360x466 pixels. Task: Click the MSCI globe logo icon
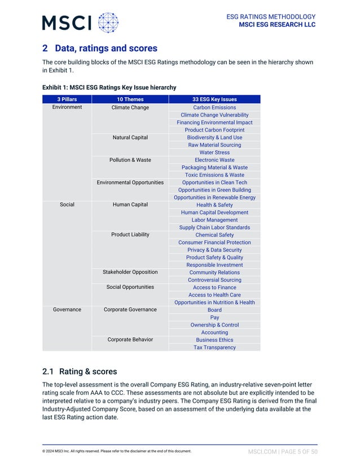pos(108,23)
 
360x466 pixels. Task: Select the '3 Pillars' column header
pos(67,99)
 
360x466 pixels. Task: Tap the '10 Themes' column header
pos(130,99)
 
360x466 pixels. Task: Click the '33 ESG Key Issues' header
pos(214,99)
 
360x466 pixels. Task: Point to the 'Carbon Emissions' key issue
pos(214,107)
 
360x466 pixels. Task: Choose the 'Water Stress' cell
pos(214,152)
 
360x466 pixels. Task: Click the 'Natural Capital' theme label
pos(130,137)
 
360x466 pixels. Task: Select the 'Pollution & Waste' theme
pos(130,160)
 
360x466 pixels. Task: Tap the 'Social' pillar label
pos(67,205)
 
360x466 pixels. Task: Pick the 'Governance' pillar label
pos(67,310)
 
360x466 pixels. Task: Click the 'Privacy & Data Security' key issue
pos(214,250)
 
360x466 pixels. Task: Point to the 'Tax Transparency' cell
pos(214,348)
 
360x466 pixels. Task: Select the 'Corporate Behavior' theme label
pos(130,340)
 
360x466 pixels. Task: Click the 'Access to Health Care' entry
pos(214,294)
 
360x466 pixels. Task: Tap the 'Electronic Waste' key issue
pos(214,160)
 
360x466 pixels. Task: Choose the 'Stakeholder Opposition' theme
pos(130,272)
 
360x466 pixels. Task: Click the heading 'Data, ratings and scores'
pos(106,49)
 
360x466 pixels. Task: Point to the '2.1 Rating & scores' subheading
pos(80,371)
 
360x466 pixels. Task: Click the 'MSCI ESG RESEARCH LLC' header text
pos(277,25)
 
